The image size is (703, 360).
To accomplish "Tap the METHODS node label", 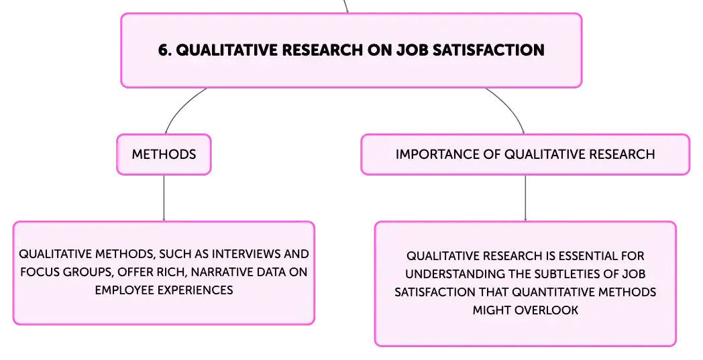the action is [x=164, y=154].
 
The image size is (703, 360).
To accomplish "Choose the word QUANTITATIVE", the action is [x=552, y=292].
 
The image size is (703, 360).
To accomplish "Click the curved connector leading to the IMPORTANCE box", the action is [x=511, y=107].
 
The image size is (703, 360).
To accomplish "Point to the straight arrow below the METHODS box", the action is [x=164, y=198].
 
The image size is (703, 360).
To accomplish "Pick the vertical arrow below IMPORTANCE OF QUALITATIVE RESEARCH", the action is [x=525, y=198].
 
